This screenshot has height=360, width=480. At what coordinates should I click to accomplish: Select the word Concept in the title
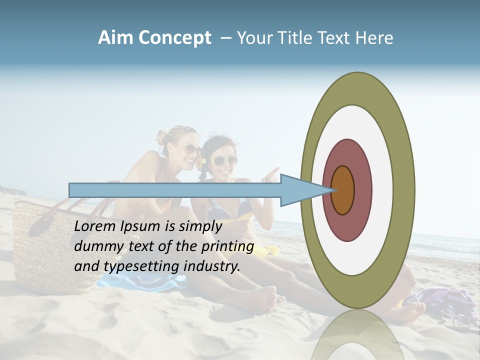(x=174, y=38)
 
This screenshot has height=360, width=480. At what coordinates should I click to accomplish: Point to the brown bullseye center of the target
(x=342, y=190)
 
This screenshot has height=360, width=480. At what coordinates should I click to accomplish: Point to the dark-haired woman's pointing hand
(x=271, y=174)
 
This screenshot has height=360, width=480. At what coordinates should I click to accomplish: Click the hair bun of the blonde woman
(x=161, y=136)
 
